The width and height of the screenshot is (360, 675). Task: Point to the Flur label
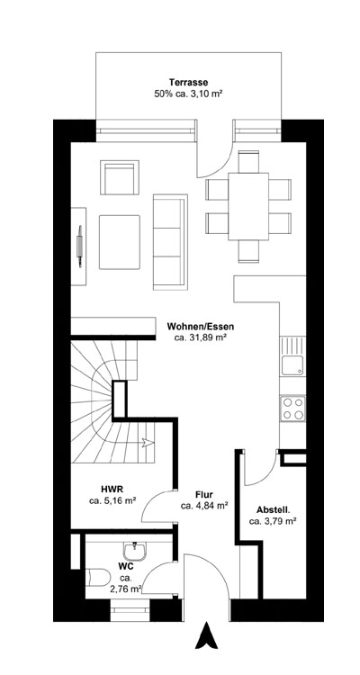(x=203, y=494)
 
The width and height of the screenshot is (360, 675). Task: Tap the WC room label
(x=126, y=566)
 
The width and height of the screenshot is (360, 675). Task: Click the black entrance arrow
(x=207, y=636)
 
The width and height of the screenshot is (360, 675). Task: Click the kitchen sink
(x=292, y=364)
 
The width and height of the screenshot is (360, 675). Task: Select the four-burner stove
(x=292, y=409)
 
